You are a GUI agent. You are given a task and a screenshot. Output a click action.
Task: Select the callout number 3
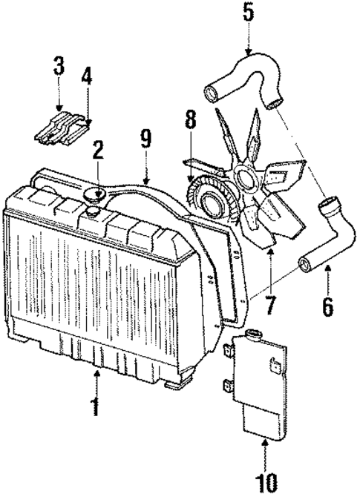(x=59, y=65)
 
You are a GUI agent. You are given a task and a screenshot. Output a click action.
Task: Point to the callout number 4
(x=88, y=76)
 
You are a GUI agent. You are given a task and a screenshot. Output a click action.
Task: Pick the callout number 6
(x=327, y=305)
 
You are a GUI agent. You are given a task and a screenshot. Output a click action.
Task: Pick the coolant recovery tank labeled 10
(x=260, y=386)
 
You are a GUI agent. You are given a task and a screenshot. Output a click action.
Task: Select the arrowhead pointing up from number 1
(x=95, y=375)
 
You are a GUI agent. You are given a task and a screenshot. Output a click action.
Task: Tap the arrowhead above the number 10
(x=265, y=442)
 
